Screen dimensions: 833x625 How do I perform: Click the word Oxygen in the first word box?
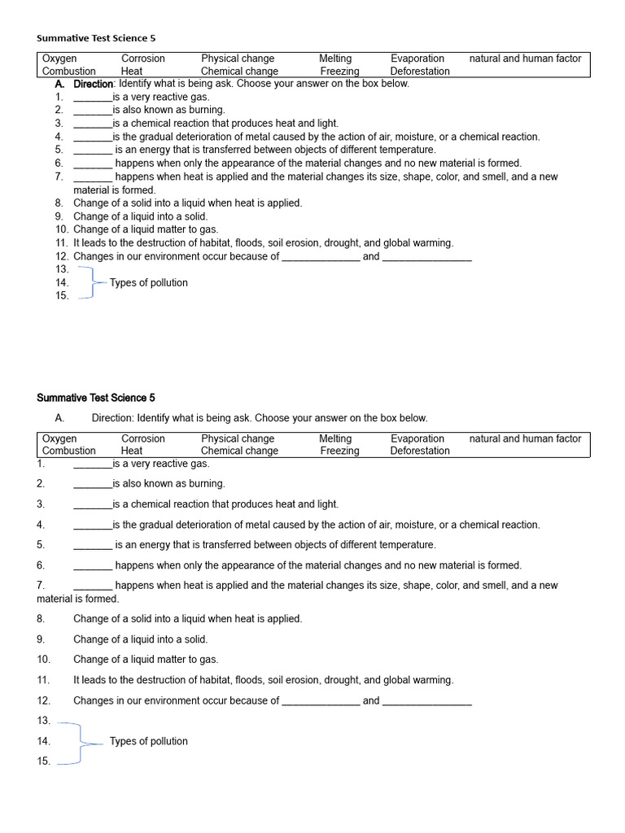tap(59, 59)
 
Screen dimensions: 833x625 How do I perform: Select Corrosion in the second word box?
tap(143, 438)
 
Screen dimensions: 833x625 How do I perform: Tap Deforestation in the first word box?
tap(420, 71)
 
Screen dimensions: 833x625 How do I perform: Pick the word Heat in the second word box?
tap(132, 451)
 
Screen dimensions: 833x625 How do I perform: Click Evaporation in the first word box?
tap(417, 59)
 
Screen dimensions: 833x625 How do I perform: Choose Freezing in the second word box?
tap(339, 451)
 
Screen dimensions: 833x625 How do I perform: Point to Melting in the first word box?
tap(335, 59)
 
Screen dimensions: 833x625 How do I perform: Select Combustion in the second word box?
tap(69, 451)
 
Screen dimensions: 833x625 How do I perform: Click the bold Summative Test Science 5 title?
tap(96, 398)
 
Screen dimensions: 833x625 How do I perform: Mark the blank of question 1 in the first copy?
tap(92, 97)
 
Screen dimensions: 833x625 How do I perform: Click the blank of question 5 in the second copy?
tap(92, 545)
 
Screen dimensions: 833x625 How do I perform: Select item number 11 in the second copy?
tap(44, 680)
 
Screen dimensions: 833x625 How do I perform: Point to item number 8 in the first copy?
tap(59, 203)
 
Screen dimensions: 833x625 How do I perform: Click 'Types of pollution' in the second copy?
tap(148, 741)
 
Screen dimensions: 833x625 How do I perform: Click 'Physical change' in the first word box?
tap(238, 59)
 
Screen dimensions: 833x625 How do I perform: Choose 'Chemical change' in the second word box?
tap(239, 451)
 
